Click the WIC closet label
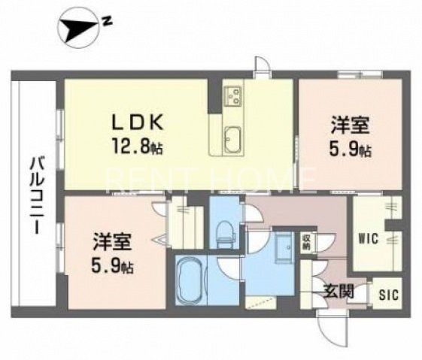coord(368,240)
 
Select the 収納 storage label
coord(306,242)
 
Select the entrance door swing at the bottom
coord(330,323)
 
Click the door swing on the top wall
coord(261,67)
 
